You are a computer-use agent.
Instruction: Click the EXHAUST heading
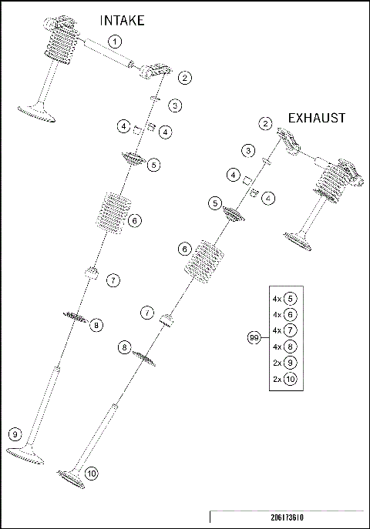tap(316, 118)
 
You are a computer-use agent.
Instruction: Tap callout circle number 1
tap(114, 41)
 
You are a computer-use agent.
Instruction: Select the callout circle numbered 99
tap(253, 338)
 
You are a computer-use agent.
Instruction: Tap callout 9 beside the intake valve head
tap(15, 436)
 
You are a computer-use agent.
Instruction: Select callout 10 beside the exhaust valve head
tap(92, 474)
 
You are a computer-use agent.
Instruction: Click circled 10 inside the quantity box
tap(290, 380)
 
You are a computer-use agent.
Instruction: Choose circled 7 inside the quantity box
tap(290, 330)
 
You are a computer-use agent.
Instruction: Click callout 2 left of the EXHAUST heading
tap(265, 123)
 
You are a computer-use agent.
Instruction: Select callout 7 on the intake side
tap(113, 280)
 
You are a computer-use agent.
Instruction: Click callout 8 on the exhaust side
tap(124, 348)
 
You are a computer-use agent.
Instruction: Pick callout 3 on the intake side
tap(176, 105)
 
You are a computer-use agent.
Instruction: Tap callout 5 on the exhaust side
tap(215, 203)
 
